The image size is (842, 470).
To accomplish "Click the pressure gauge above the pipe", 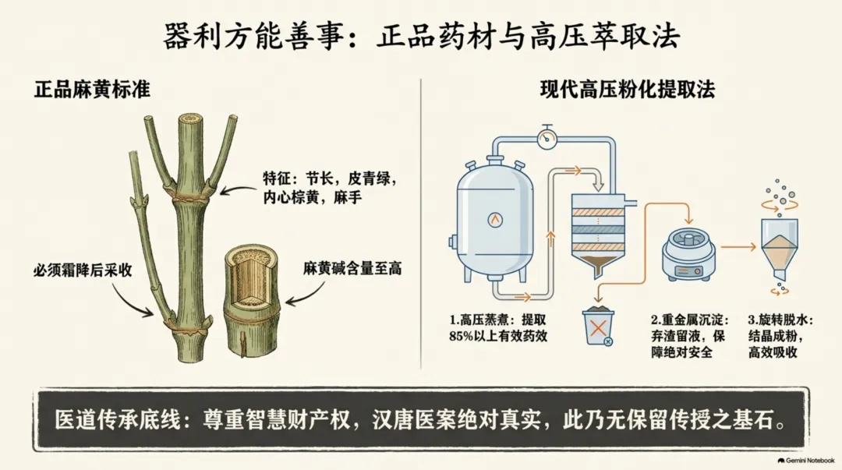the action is (547, 137).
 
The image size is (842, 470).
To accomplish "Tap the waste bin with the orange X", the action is (598, 326).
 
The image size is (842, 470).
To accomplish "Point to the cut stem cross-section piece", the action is (251, 300).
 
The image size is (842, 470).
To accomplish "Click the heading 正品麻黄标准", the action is (92, 89).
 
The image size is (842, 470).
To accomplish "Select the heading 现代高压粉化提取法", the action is (627, 89).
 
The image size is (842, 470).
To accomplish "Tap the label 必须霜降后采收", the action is (83, 270).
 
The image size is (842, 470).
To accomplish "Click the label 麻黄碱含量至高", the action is (352, 268).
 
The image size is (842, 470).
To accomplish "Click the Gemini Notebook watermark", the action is (806, 461).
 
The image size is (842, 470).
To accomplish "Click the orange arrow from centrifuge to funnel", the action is (738, 247).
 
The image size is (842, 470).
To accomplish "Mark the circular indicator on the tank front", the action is (494, 219).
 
